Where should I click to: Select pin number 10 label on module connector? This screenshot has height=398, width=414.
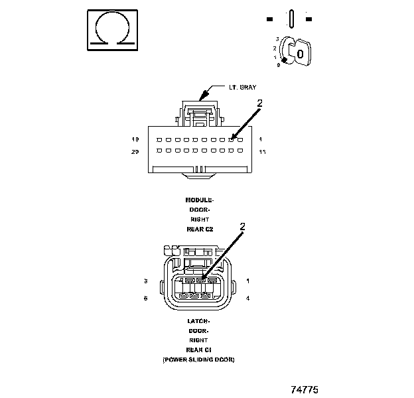(135, 139)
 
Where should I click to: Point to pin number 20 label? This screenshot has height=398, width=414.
(135, 152)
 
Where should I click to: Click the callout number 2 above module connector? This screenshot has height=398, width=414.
(260, 104)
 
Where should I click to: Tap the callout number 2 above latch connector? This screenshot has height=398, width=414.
(242, 226)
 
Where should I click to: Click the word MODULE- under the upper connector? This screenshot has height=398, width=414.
(200, 200)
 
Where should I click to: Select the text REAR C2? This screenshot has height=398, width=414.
(200, 228)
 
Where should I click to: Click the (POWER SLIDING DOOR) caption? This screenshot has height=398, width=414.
(199, 359)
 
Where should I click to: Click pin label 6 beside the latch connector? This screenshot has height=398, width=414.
(145, 298)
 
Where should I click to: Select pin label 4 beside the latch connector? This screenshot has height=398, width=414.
(247, 298)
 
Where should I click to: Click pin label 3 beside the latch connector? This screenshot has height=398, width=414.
(145, 281)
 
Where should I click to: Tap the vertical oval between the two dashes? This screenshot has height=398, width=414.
(291, 17)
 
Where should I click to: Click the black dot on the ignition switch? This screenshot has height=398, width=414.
(284, 60)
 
